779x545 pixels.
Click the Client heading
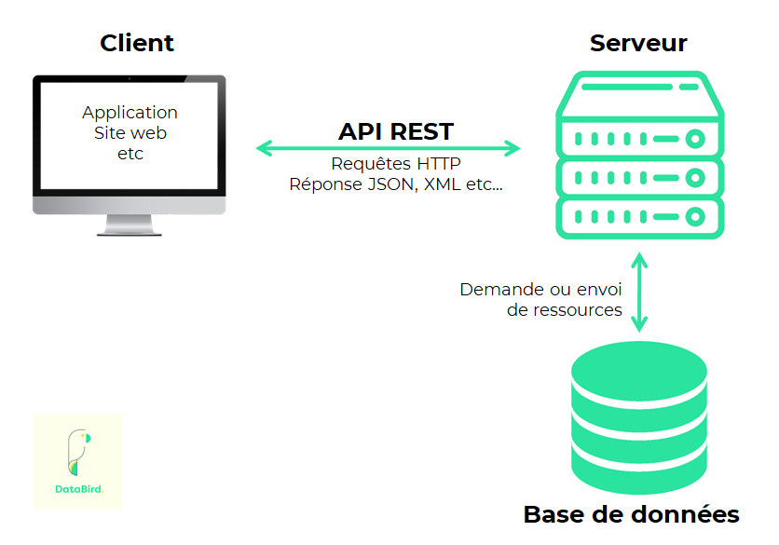point(137,43)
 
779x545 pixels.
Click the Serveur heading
point(638,43)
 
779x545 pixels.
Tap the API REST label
point(396,131)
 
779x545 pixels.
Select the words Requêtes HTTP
point(396,164)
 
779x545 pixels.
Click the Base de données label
point(631,514)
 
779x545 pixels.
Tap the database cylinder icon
point(638,418)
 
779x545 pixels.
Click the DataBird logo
point(78,462)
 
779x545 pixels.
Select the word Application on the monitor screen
point(130,113)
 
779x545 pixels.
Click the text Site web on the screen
point(130,133)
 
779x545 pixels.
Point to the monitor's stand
point(130,225)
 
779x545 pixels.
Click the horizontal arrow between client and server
point(389,147)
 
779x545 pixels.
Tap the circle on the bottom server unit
point(694,217)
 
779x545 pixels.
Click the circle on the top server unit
point(694,139)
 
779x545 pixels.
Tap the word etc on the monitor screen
point(130,154)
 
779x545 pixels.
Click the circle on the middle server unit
point(694,178)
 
